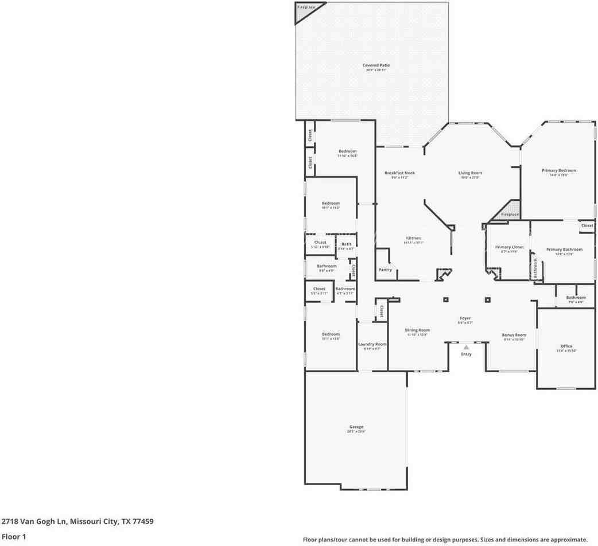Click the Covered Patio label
pos(376,65)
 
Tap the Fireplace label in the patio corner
pos(306,7)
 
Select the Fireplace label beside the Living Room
pos(510,214)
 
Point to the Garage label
pos(356,427)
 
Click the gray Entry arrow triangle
pos(467,347)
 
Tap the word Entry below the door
pos(467,354)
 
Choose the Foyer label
pos(465,318)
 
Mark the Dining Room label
pos(417,330)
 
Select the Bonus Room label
pos(514,335)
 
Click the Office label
pos(566,346)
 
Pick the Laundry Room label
pos(372,344)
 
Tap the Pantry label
pos(385,270)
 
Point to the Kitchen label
pos(414,238)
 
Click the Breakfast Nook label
pos(399,173)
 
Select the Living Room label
pos(470,173)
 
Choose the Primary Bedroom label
pos(559,170)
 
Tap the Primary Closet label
pos(509,247)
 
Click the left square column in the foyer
pos(445,299)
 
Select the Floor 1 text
pos(14,537)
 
